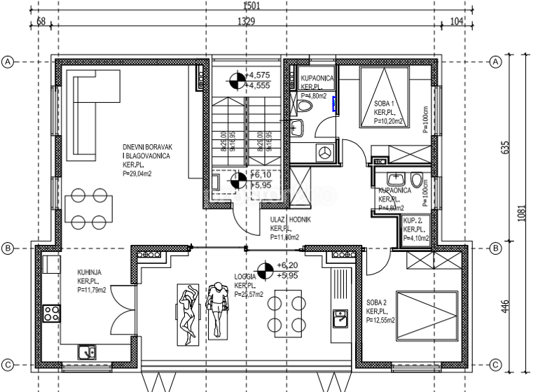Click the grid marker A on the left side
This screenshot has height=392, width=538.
[x=8, y=62]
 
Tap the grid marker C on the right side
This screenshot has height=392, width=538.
[x=496, y=364]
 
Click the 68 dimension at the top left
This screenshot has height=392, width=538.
[x=41, y=22]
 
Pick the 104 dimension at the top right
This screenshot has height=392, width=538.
[x=457, y=22]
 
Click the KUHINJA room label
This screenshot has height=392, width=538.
[x=90, y=274]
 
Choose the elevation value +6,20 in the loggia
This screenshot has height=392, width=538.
[x=288, y=266]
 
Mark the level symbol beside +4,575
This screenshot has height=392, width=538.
[x=238, y=80]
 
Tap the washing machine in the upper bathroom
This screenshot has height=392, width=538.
[x=325, y=151]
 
